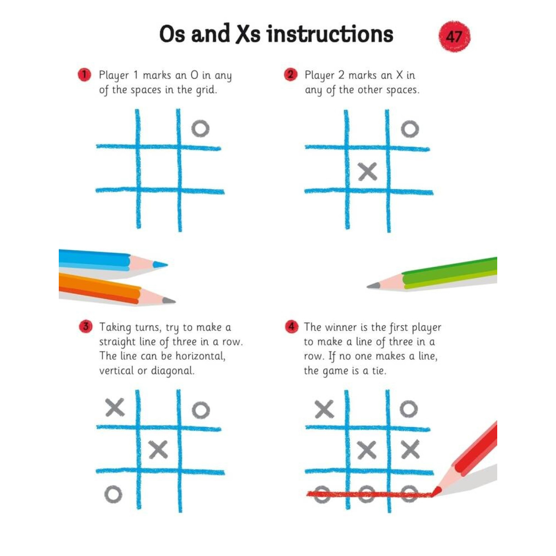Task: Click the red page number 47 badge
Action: pos(454,36)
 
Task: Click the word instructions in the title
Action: pos(330,34)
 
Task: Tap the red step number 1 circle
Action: pos(84,75)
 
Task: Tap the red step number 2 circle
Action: pos(291,75)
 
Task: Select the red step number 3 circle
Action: pos(85,327)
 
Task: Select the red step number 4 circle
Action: pos(292,327)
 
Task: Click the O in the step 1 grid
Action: pos(200,129)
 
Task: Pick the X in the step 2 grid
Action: pos(367,172)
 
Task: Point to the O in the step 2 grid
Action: pos(410,129)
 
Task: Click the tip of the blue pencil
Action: pos(163,264)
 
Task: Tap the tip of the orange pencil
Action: pos(171,301)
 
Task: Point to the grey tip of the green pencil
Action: pos(372,286)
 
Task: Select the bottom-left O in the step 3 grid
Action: pos(113,494)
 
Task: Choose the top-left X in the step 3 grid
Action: pos(115,407)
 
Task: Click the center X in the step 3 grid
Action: pos(158,450)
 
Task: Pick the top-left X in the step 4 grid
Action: pos(324,409)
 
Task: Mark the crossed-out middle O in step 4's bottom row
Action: pos(366,494)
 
